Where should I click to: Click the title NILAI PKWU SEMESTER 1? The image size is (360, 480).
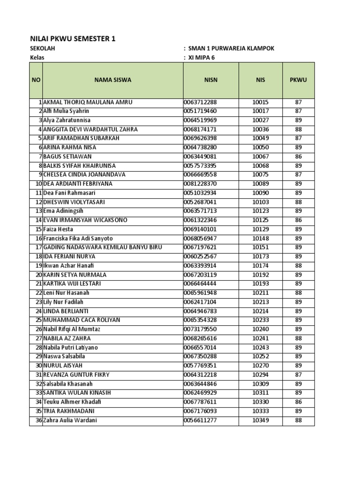[73, 39]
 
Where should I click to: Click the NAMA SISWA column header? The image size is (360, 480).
[112, 80]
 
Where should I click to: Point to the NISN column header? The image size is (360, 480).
[211, 80]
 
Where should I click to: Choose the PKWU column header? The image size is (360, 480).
[298, 80]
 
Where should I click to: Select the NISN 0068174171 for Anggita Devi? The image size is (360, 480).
[200, 129]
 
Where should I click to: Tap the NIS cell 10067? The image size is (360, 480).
[260, 157]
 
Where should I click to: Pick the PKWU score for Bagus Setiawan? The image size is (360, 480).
[298, 157]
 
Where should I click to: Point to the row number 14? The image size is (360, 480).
[38, 220]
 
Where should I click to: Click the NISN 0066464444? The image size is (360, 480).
[200, 284]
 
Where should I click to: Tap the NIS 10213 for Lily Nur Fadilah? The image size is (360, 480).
[260, 302]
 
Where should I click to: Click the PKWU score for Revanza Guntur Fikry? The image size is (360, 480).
[298, 375]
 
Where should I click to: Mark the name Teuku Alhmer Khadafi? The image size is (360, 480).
[72, 402]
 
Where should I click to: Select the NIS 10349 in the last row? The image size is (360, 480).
[260, 420]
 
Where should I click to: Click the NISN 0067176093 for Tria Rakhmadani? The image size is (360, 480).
[200, 411]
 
